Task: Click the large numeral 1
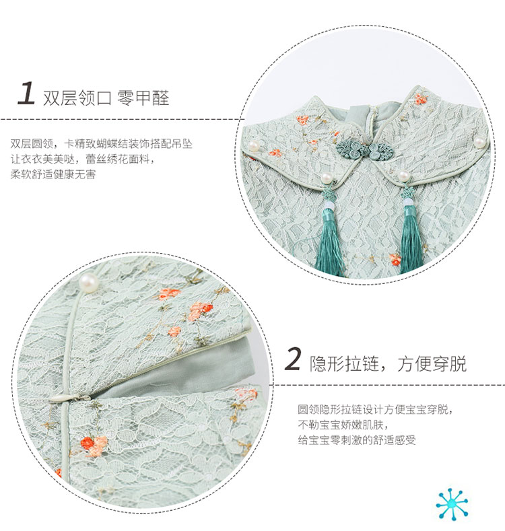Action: click(26, 93)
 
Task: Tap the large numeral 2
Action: click(293, 359)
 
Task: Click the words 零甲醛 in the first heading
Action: click(143, 98)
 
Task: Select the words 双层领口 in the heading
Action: click(77, 98)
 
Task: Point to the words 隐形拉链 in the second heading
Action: click(344, 364)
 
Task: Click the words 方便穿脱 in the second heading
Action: click(432, 364)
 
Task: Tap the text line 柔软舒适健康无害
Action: click(53, 174)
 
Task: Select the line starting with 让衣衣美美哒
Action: click(82, 159)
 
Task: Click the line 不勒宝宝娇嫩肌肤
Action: click(343, 424)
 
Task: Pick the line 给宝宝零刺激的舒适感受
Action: click(357, 440)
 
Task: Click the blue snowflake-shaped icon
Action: click(452, 504)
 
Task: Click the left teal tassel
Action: click(329, 234)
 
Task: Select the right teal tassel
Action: click(411, 234)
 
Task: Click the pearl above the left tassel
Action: click(327, 178)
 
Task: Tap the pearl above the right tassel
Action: click(403, 176)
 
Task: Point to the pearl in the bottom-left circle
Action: click(89, 283)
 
